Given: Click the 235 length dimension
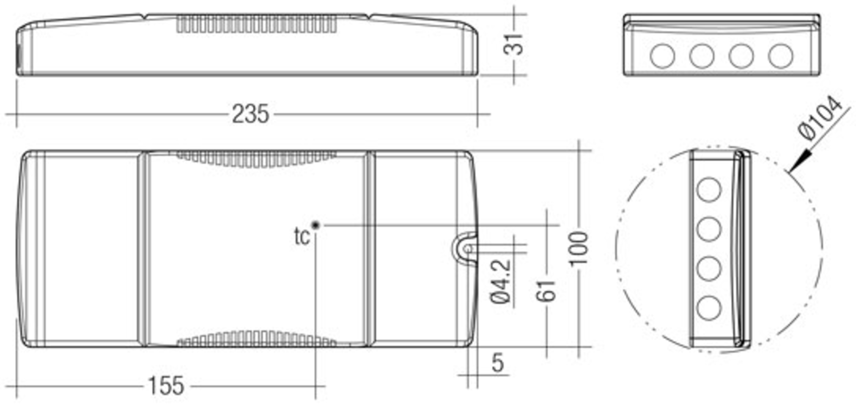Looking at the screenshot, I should [250, 114].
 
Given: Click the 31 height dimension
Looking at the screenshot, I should [513, 45].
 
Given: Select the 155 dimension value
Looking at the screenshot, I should [166, 386].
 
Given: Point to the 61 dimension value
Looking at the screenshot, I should [546, 291].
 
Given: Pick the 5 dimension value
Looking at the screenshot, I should [498, 363].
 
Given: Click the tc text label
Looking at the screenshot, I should [301, 237].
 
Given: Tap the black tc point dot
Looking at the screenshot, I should [316, 225].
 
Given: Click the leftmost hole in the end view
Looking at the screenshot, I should [662, 56].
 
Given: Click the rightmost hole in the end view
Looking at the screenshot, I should [781, 56].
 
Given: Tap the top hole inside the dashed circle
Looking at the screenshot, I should [709, 190].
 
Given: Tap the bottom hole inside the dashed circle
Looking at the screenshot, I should [709, 308].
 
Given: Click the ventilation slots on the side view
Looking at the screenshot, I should [256, 24].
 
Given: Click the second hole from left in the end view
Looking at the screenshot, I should [702, 56].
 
